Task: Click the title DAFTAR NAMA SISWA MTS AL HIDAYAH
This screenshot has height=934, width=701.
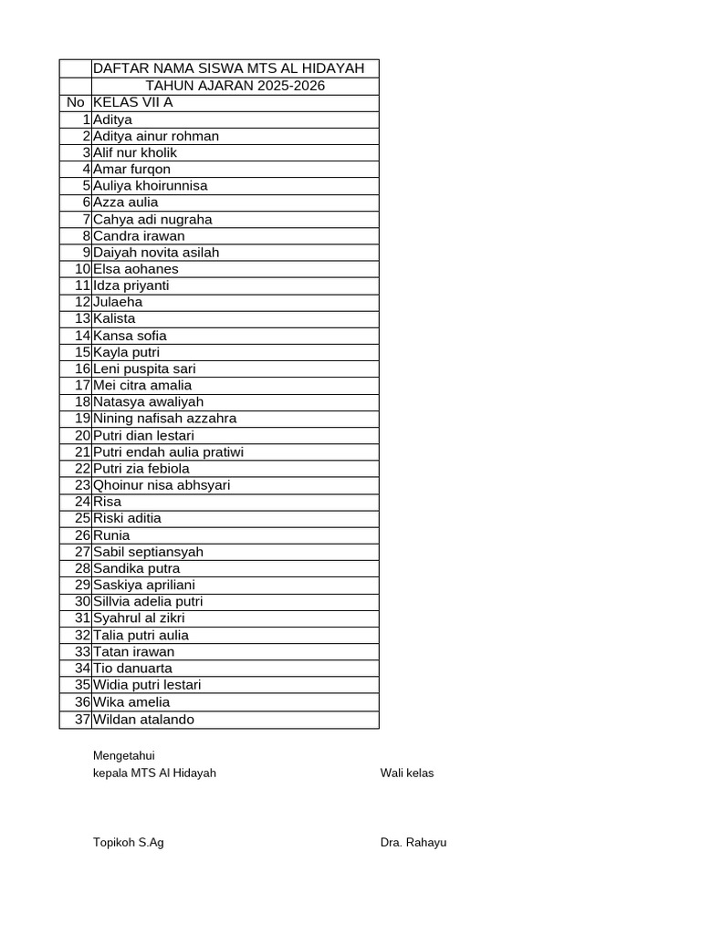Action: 228,68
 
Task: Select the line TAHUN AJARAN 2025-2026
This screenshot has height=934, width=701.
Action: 235,86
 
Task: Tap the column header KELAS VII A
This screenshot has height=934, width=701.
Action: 133,102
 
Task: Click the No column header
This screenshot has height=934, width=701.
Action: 75,102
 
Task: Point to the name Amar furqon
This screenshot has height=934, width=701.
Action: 131,169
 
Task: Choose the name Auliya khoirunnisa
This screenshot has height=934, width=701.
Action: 151,185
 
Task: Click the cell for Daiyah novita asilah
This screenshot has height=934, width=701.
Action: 156,252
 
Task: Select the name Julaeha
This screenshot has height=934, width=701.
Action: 118,302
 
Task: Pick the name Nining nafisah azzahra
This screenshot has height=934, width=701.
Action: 164,418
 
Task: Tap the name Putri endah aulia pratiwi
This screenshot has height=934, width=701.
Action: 168,451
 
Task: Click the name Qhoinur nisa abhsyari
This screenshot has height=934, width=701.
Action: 162,484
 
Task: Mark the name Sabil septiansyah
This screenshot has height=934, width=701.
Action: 148,551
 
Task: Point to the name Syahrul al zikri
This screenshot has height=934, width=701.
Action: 139,617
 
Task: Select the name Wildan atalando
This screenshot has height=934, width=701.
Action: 143,719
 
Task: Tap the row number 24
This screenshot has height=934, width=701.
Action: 83,502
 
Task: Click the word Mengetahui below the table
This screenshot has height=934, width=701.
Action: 124,754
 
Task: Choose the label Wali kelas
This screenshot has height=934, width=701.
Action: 407,773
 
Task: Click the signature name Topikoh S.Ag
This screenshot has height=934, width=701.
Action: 129,842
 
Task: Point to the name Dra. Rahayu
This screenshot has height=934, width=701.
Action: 413,842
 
